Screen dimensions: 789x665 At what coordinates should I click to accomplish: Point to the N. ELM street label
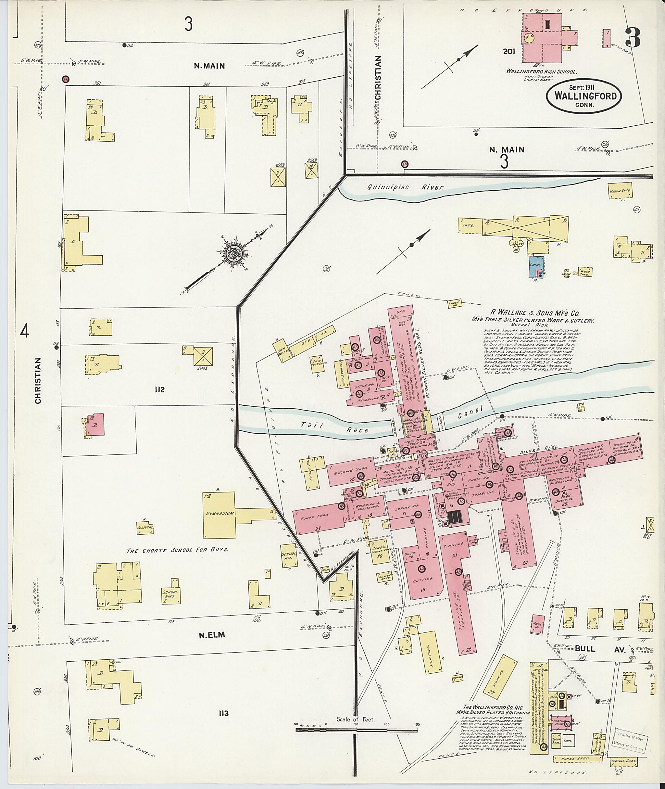[211, 635]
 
